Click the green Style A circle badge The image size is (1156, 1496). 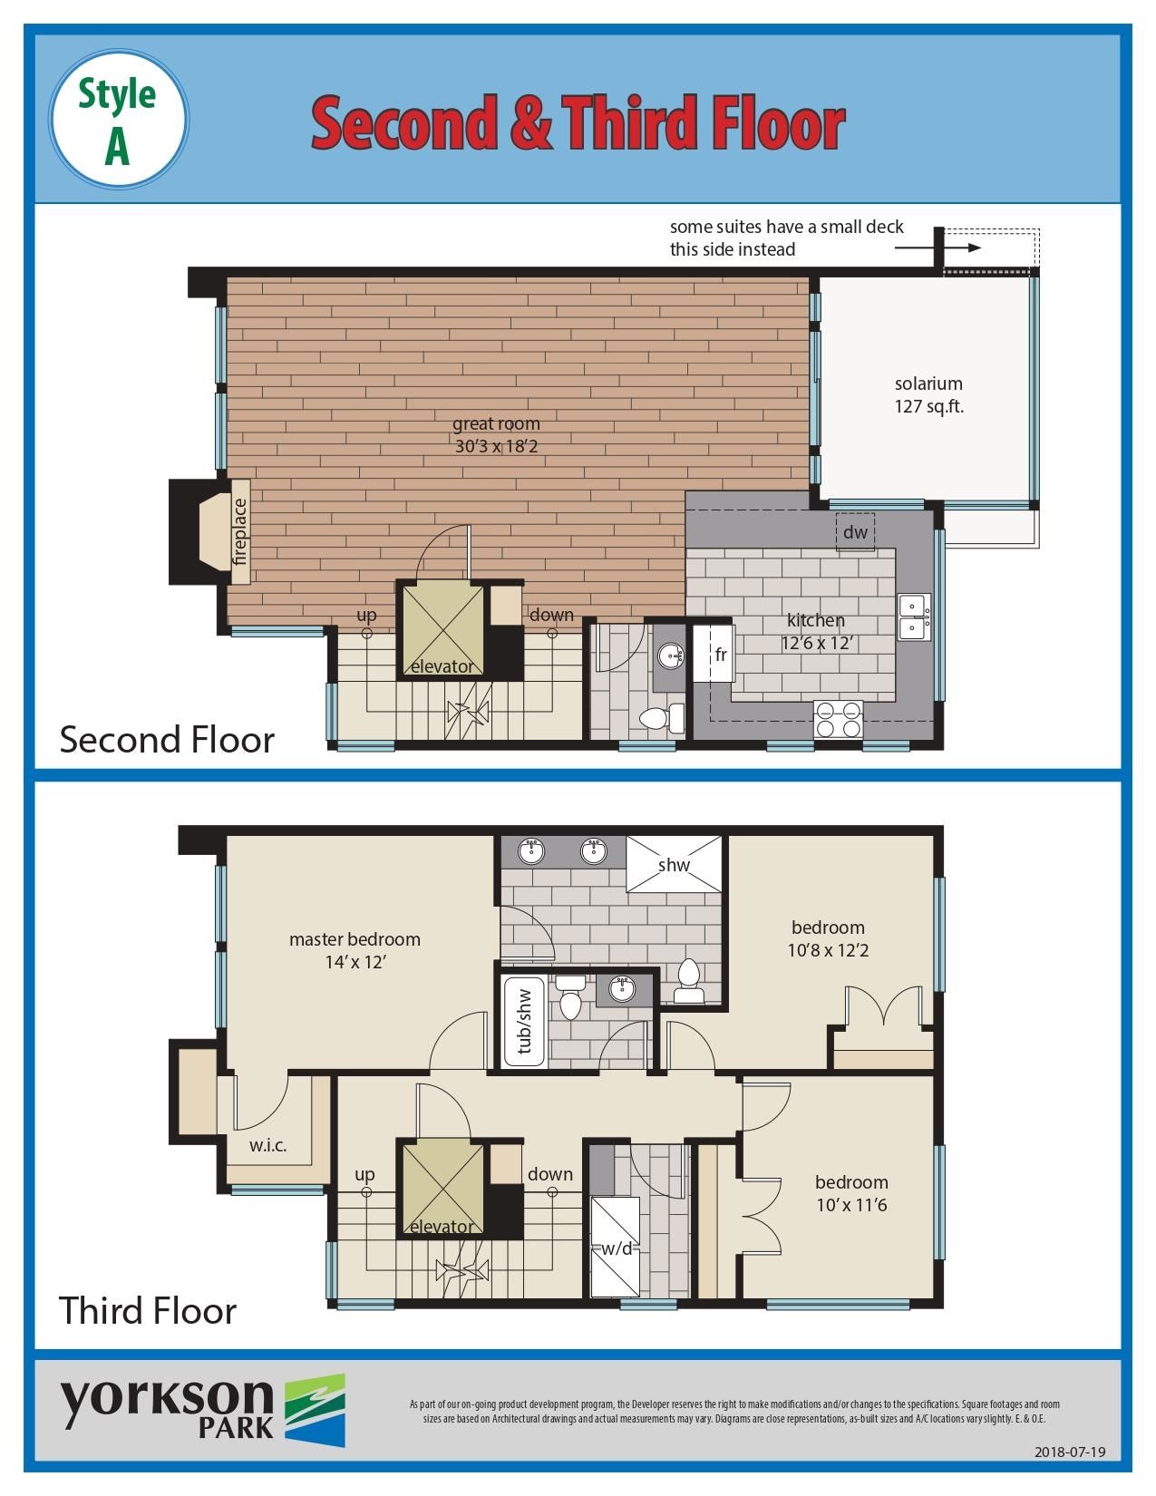pyautogui.click(x=119, y=119)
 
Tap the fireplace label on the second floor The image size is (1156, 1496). pyautogui.click(x=239, y=530)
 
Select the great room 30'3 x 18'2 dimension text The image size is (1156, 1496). pyautogui.click(x=496, y=446)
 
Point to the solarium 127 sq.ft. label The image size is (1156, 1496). pyautogui.click(x=928, y=395)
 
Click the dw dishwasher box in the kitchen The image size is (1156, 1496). pyautogui.click(x=855, y=531)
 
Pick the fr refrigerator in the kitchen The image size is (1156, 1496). pyautogui.click(x=714, y=654)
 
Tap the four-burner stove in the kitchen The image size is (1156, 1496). pyautogui.click(x=838, y=719)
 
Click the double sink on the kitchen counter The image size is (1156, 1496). pyautogui.click(x=915, y=617)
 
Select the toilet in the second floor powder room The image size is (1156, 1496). pyautogui.click(x=663, y=719)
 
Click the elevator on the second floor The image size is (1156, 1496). pyautogui.click(x=442, y=629)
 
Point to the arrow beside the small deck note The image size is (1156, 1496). pyautogui.click(x=937, y=248)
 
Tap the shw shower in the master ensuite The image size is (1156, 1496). pyautogui.click(x=674, y=864)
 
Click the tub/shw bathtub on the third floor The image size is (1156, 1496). pyautogui.click(x=525, y=1022)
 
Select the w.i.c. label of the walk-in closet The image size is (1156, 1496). pyautogui.click(x=267, y=1146)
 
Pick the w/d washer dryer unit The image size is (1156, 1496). pyautogui.click(x=617, y=1248)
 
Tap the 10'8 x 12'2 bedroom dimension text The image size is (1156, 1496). pyautogui.click(x=829, y=950)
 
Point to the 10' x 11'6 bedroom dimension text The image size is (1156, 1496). pyautogui.click(x=851, y=1205)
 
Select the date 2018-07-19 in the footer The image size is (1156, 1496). pyautogui.click(x=1070, y=1452)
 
